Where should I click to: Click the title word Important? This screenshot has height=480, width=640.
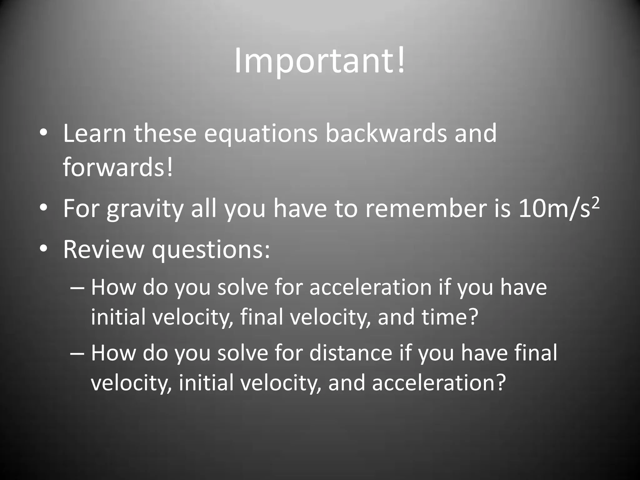[320, 61]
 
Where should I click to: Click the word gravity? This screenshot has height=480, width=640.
[145, 209]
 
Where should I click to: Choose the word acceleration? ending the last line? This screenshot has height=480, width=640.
[439, 383]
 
